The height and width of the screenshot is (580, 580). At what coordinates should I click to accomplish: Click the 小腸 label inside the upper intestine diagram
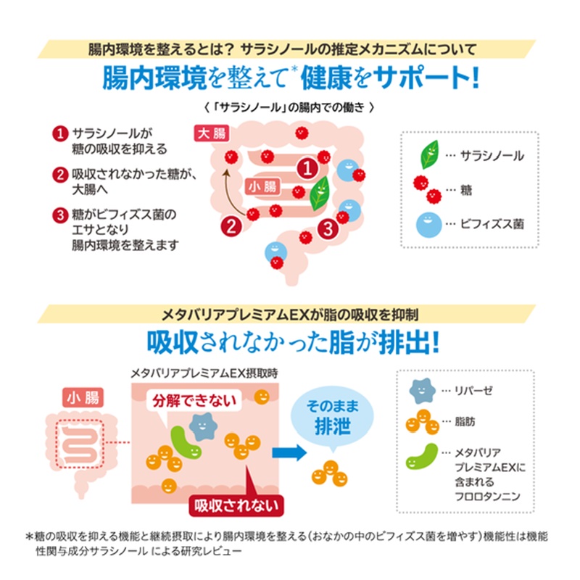263,187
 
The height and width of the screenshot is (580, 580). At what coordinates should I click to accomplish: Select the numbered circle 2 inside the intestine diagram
231,225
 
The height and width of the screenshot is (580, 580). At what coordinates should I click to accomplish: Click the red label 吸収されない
236,503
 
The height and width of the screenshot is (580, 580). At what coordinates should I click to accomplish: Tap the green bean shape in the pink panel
187,444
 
